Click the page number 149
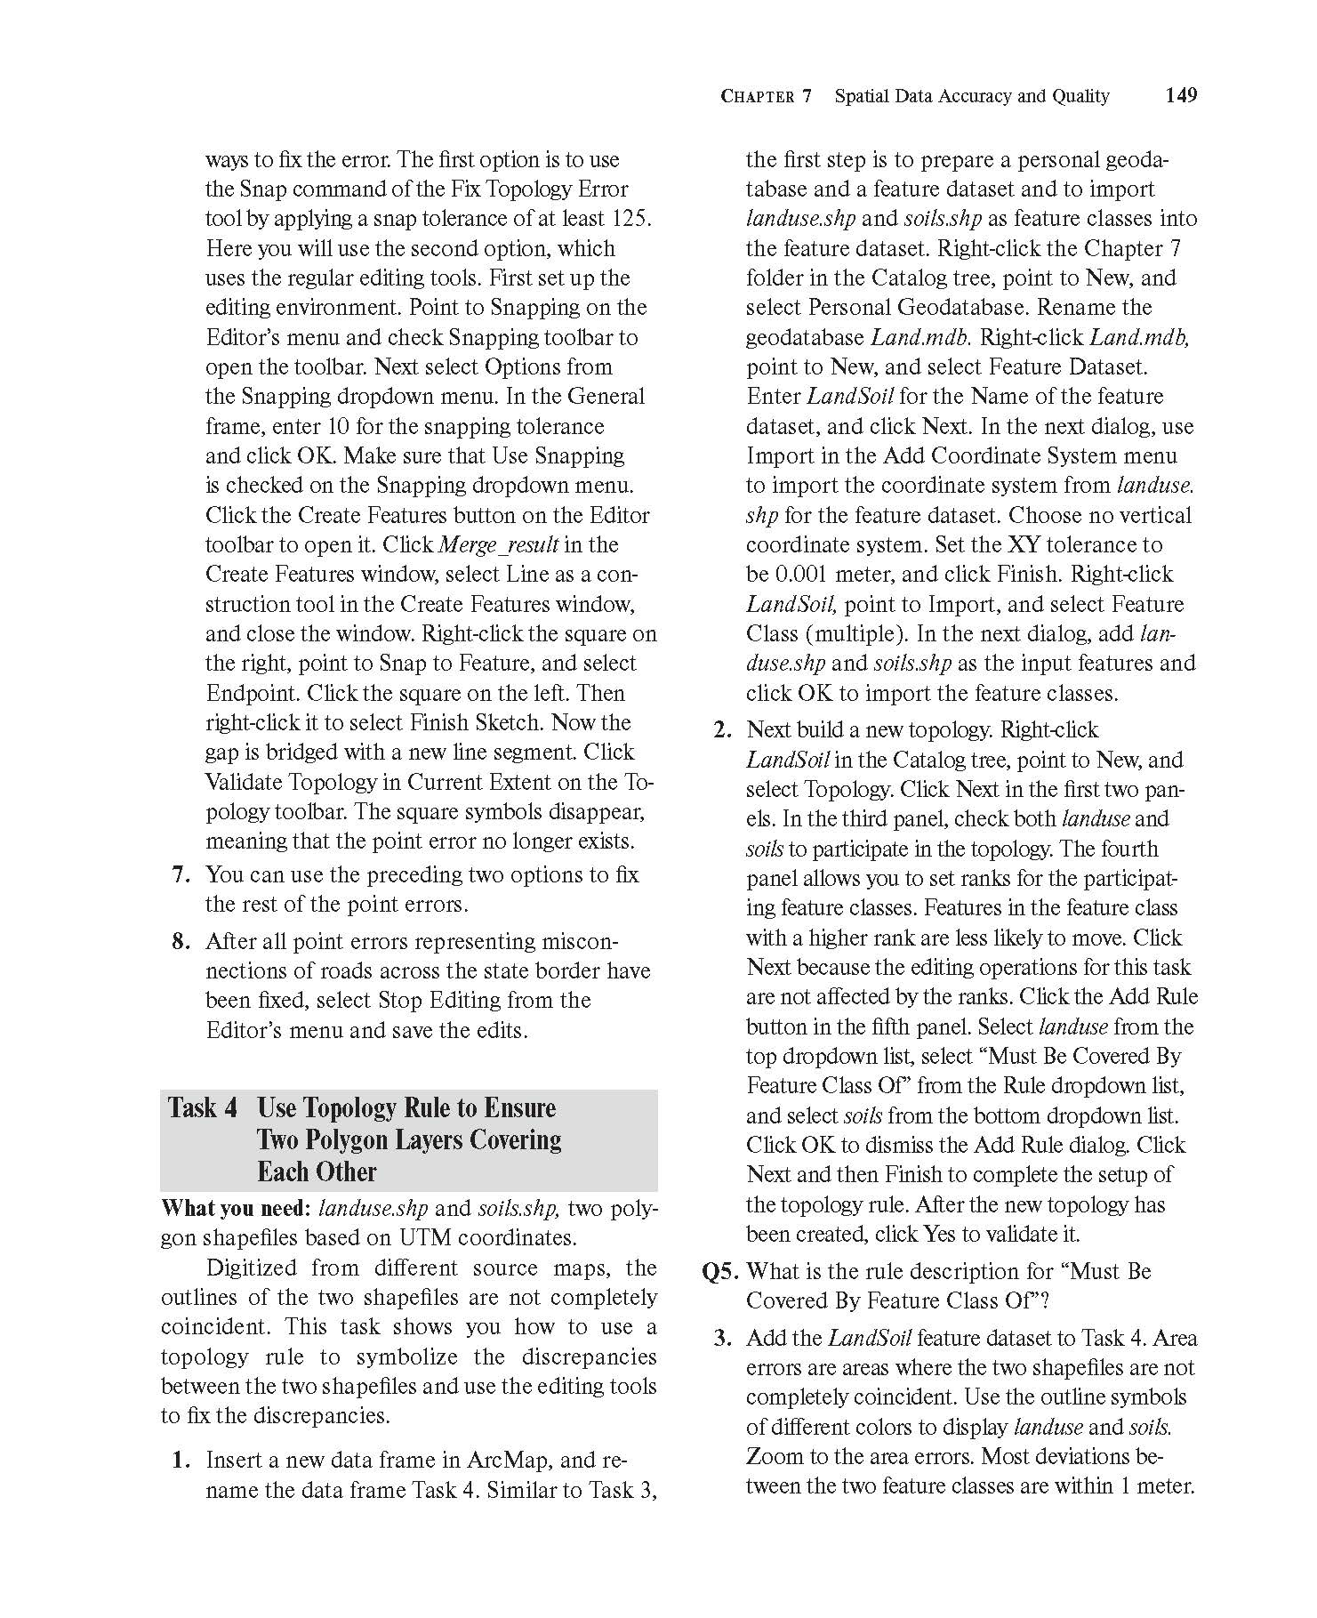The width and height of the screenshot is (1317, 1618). (1181, 95)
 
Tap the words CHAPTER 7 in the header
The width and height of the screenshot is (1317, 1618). (766, 96)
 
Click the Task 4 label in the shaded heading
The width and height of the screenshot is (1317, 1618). (203, 1108)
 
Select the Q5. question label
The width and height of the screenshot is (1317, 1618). (722, 1272)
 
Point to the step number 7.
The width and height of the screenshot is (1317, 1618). (181, 874)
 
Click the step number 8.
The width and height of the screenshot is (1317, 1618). (181, 941)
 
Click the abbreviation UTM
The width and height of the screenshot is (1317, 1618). (425, 1238)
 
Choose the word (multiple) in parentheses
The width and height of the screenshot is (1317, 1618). (855, 634)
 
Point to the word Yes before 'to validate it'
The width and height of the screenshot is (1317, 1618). (939, 1235)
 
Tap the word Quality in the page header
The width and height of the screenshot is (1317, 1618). (1080, 96)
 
